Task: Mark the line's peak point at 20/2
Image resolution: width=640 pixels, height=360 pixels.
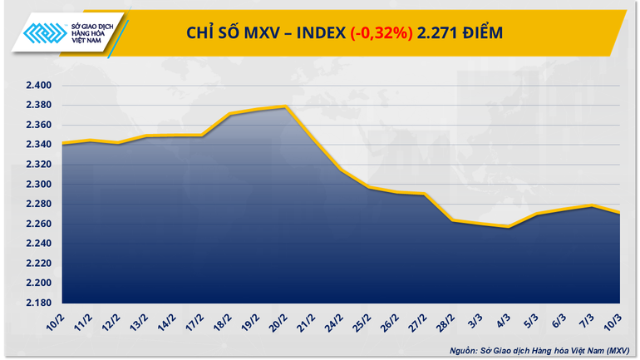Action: pos(285,106)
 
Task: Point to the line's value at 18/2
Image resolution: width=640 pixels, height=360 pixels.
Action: pos(230,115)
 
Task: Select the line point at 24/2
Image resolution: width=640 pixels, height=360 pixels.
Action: pos(342,170)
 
